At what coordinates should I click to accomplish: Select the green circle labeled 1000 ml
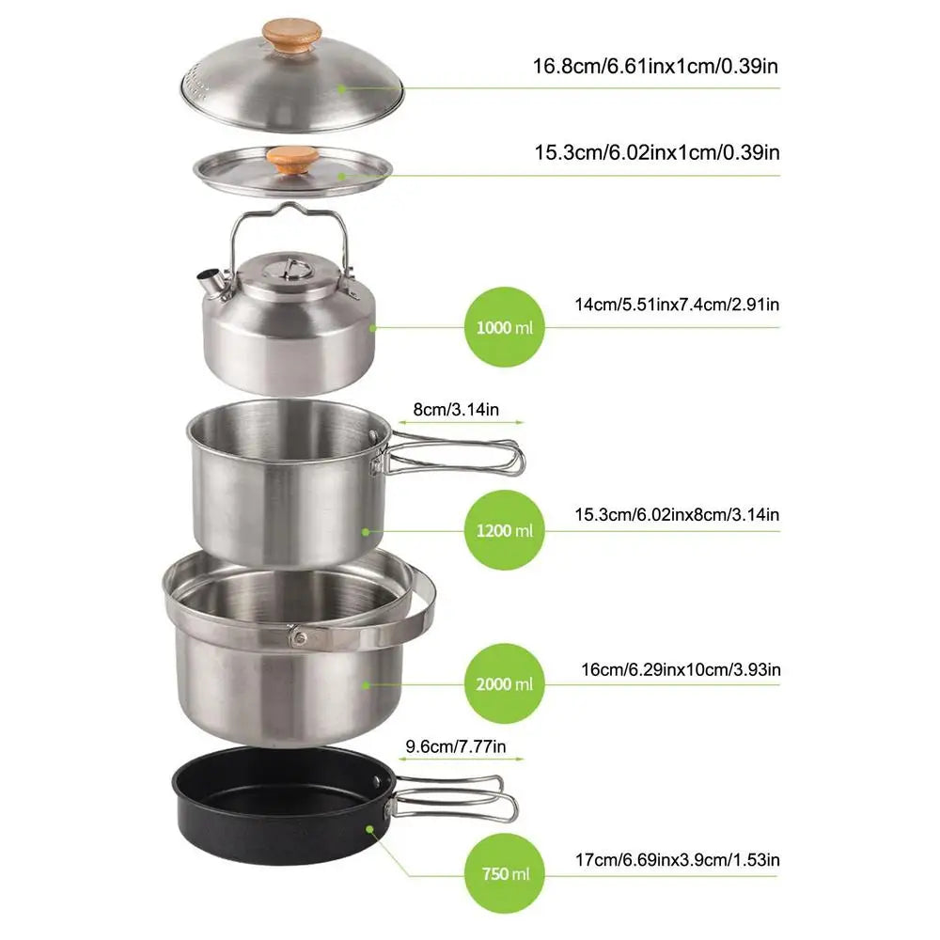point(505,328)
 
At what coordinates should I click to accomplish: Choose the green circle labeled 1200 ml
point(505,530)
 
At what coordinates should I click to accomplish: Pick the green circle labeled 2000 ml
point(505,683)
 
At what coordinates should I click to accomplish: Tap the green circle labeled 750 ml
point(505,874)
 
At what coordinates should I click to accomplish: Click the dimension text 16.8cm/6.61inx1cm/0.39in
point(656,66)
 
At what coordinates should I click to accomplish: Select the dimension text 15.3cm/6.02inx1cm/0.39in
point(656,151)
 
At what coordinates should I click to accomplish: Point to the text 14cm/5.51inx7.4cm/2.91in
point(677,304)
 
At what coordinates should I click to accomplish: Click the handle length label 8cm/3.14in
point(456,409)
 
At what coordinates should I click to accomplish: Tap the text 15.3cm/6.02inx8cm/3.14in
point(677,514)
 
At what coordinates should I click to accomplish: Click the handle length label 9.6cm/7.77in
point(456,747)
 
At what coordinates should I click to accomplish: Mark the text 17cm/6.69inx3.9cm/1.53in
point(677,858)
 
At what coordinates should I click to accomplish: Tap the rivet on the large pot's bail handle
point(299,638)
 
